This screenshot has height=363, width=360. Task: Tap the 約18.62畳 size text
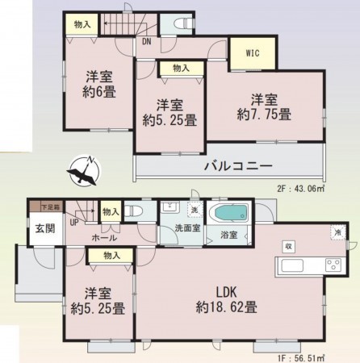click(226, 307)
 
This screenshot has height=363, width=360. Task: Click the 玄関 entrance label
click(44, 228)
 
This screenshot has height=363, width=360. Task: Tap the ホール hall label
click(103, 238)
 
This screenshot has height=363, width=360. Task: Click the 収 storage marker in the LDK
click(287, 245)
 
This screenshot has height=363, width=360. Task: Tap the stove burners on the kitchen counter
click(332, 266)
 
